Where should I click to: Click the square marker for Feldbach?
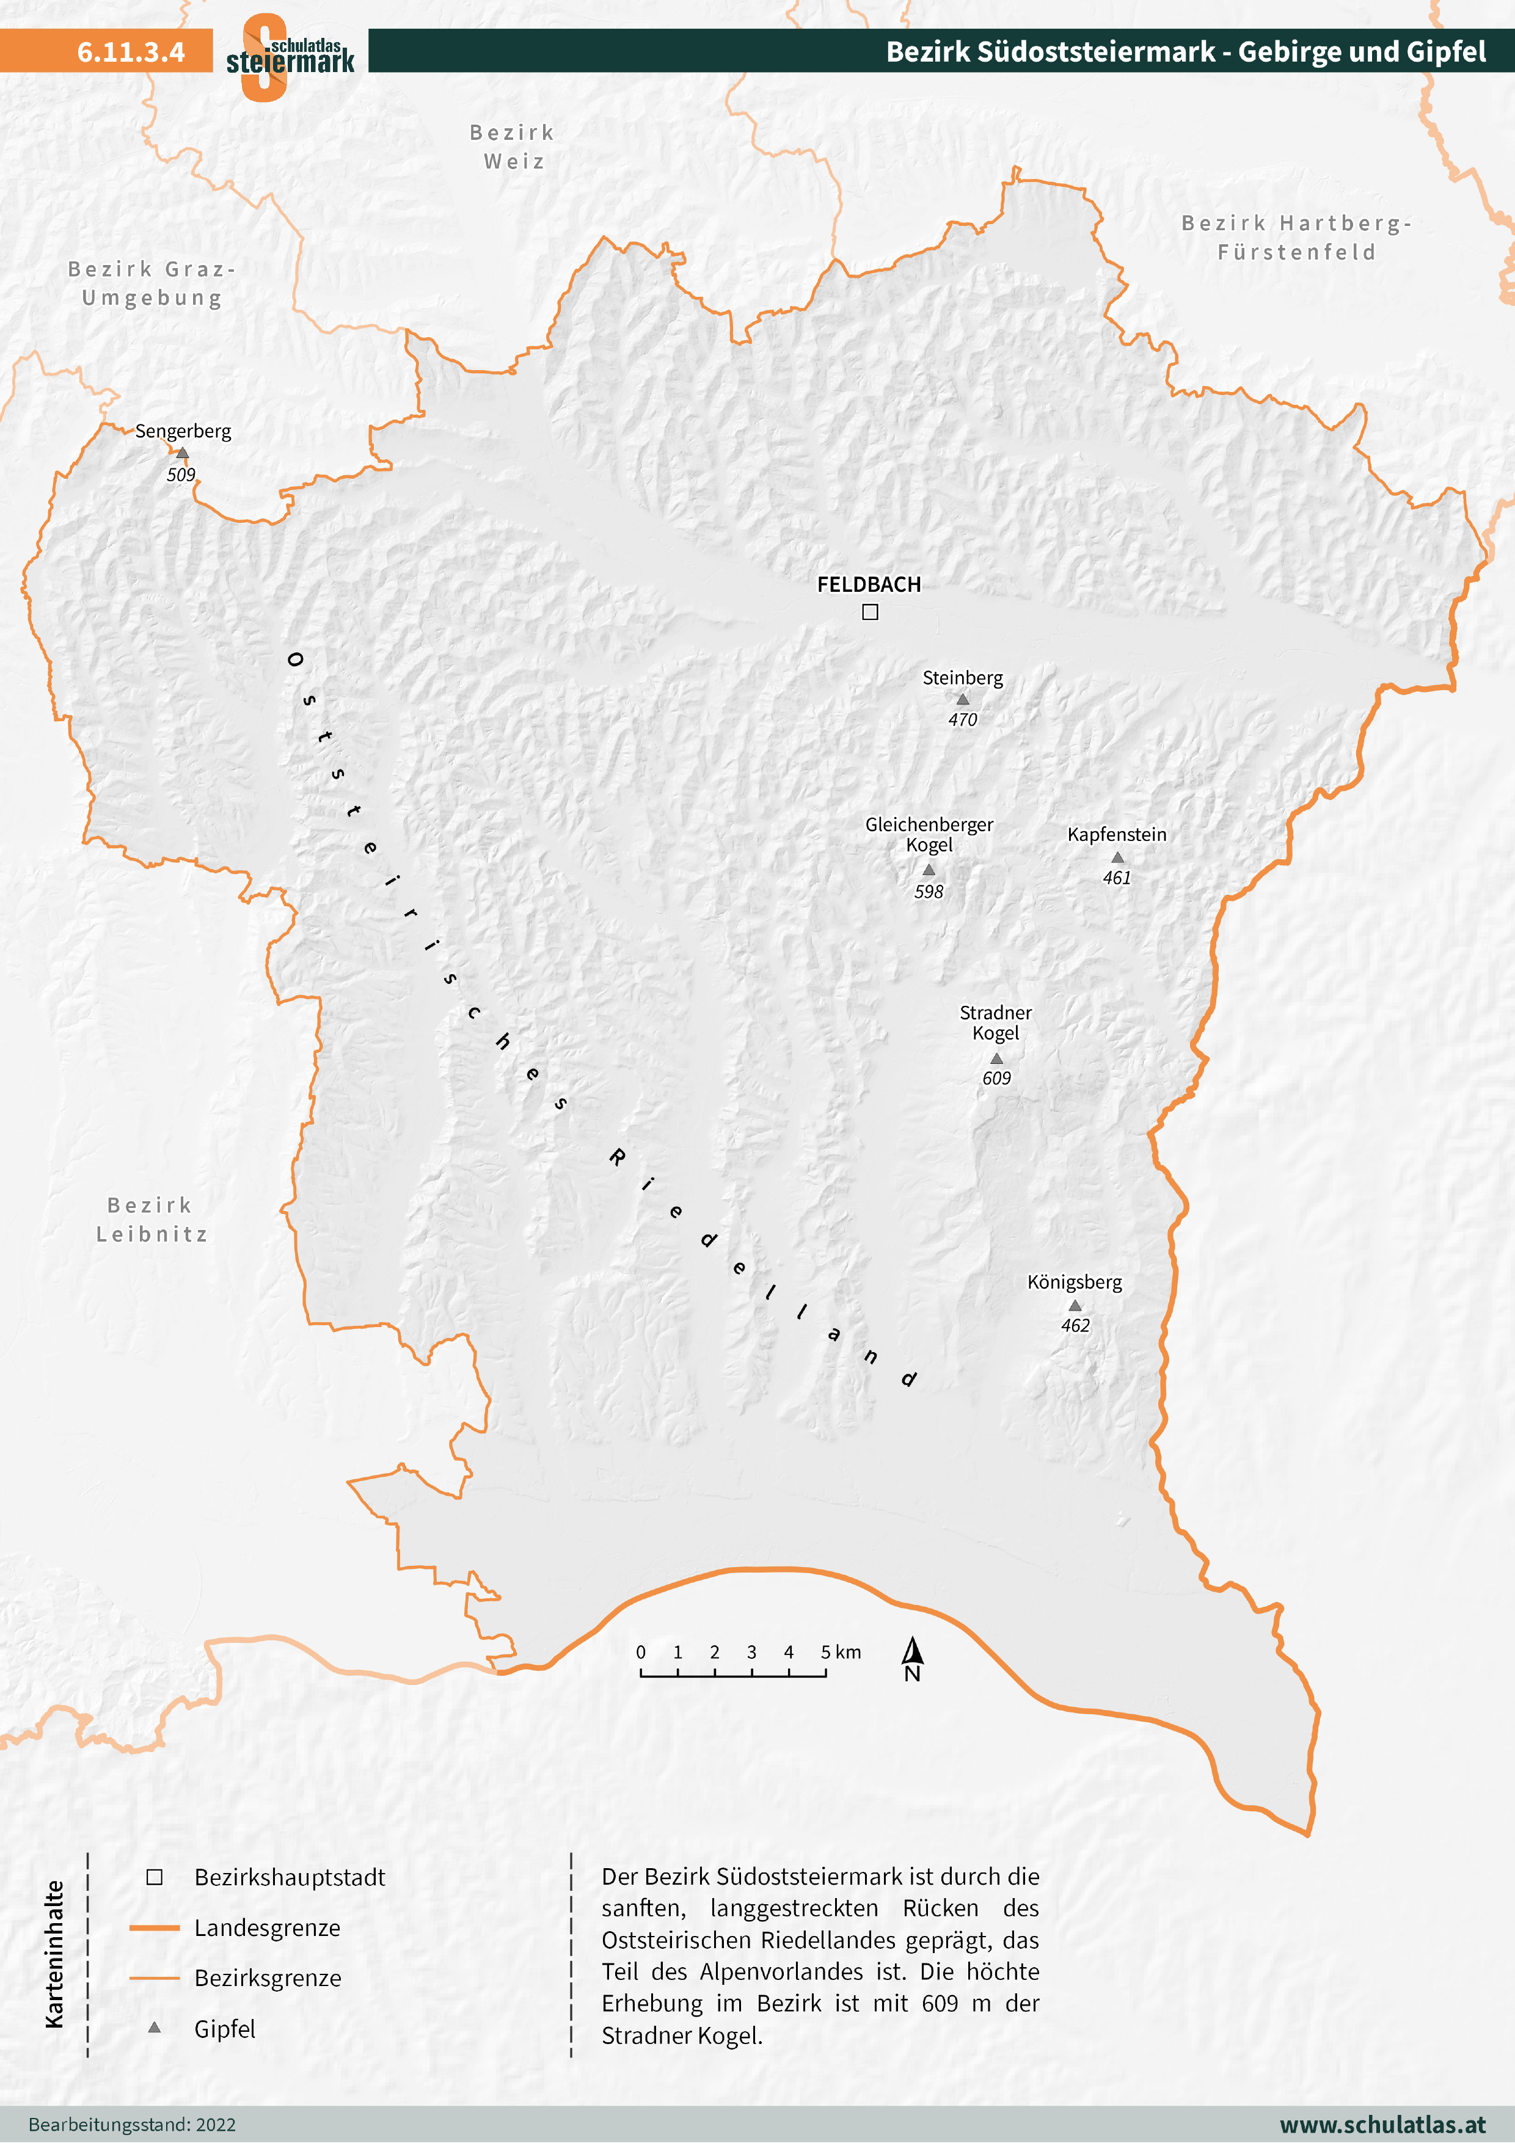[x=870, y=613]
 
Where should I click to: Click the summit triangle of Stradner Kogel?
[x=996, y=1058]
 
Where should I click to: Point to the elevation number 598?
[x=929, y=892]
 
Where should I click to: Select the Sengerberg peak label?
[x=183, y=431]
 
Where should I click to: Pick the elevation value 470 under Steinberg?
[x=962, y=719]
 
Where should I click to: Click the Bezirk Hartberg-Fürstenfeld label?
[x=1296, y=238]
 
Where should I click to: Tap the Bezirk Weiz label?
[x=513, y=147]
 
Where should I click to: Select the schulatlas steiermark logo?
[x=290, y=56]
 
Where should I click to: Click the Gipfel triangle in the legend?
[x=155, y=2027]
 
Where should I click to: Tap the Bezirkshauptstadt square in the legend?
[x=155, y=1877]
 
